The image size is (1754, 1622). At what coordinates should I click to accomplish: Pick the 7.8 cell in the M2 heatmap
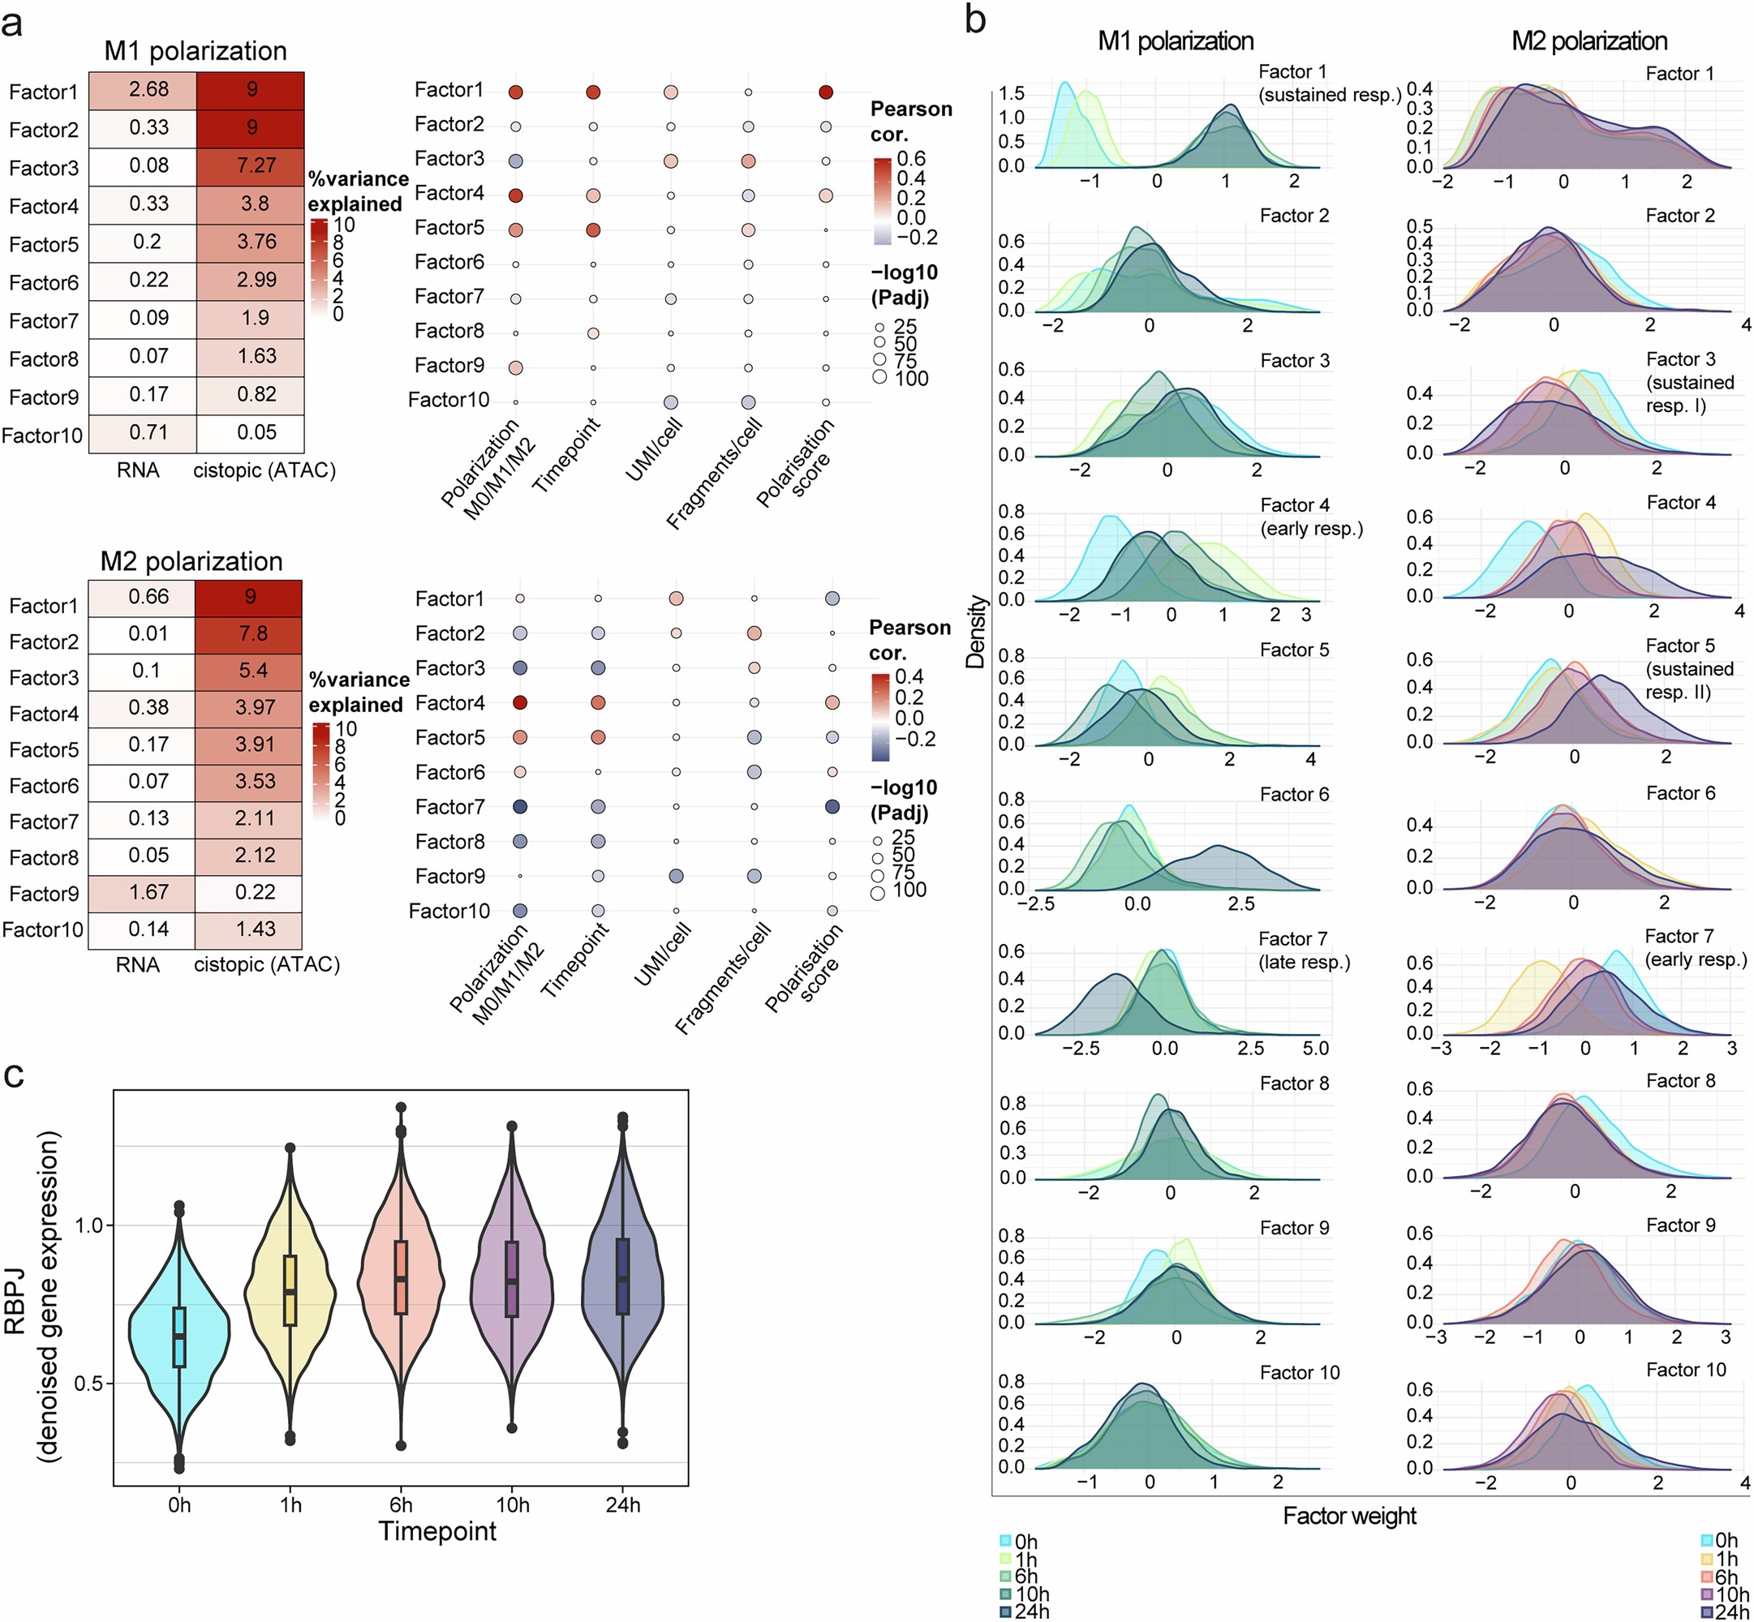click(x=250, y=633)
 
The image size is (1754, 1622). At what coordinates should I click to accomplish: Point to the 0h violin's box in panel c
click(x=179, y=1337)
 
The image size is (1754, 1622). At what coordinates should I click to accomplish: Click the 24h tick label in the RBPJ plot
click(x=622, y=1505)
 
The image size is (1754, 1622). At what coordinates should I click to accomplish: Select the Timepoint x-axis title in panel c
click(x=437, y=1532)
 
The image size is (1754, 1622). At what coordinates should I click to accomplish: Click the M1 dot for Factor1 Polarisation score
click(x=825, y=92)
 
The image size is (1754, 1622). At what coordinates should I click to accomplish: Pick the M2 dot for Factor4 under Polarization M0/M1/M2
click(x=520, y=702)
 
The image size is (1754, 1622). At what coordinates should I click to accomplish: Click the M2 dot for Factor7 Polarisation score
click(x=832, y=807)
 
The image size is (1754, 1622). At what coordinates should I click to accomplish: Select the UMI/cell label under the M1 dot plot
click(x=655, y=449)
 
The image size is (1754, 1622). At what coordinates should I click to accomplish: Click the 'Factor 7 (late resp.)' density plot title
click(x=1303, y=950)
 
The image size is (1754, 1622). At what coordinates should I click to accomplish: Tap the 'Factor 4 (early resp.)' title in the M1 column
click(x=1311, y=517)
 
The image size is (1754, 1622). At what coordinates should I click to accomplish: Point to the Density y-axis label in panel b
click(x=975, y=632)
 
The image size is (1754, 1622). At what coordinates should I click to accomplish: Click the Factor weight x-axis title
click(x=1349, y=1516)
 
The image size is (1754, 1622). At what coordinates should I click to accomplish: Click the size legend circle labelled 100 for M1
click(x=879, y=377)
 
